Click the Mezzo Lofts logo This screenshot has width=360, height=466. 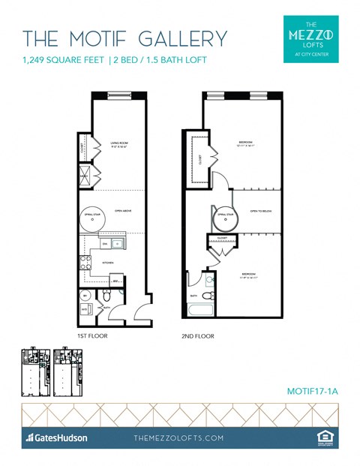point(311,38)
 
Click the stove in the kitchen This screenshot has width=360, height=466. point(85,263)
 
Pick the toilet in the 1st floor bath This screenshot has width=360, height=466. point(86,296)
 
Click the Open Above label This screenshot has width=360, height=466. point(123,212)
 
